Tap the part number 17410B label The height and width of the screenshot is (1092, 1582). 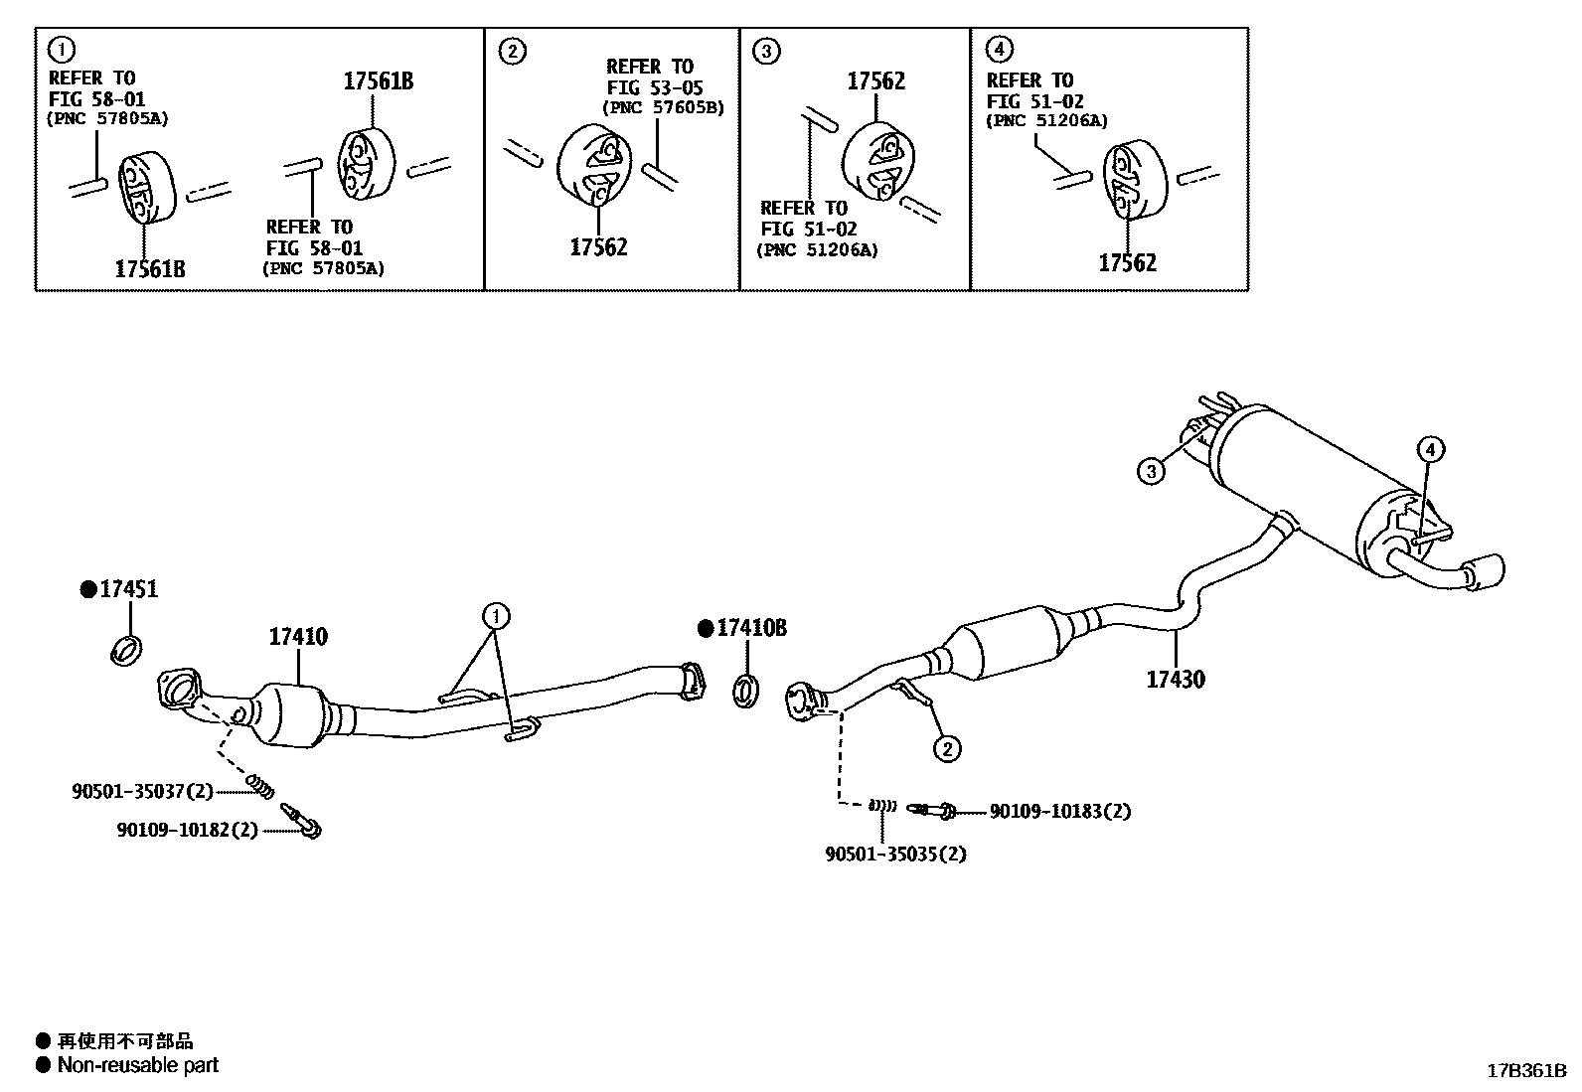pos(750,628)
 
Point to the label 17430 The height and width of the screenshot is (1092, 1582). pos(1175,680)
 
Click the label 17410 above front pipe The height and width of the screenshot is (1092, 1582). pos(297,637)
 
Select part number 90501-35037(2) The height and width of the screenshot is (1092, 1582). pos(142,791)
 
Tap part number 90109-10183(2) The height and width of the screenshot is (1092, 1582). pos(1059,812)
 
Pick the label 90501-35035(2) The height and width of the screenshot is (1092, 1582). pos(894,854)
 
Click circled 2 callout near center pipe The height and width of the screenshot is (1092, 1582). pos(947,748)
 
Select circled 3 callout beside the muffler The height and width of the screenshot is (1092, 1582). pos(1151,470)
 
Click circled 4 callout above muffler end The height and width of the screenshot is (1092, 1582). pos(1429,450)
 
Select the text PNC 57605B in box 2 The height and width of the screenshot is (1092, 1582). pos(663,107)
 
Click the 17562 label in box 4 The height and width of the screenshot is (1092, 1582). pos(1127,263)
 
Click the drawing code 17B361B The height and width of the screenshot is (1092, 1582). pos(1525,1071)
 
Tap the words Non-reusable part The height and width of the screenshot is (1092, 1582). pos(137,1065)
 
